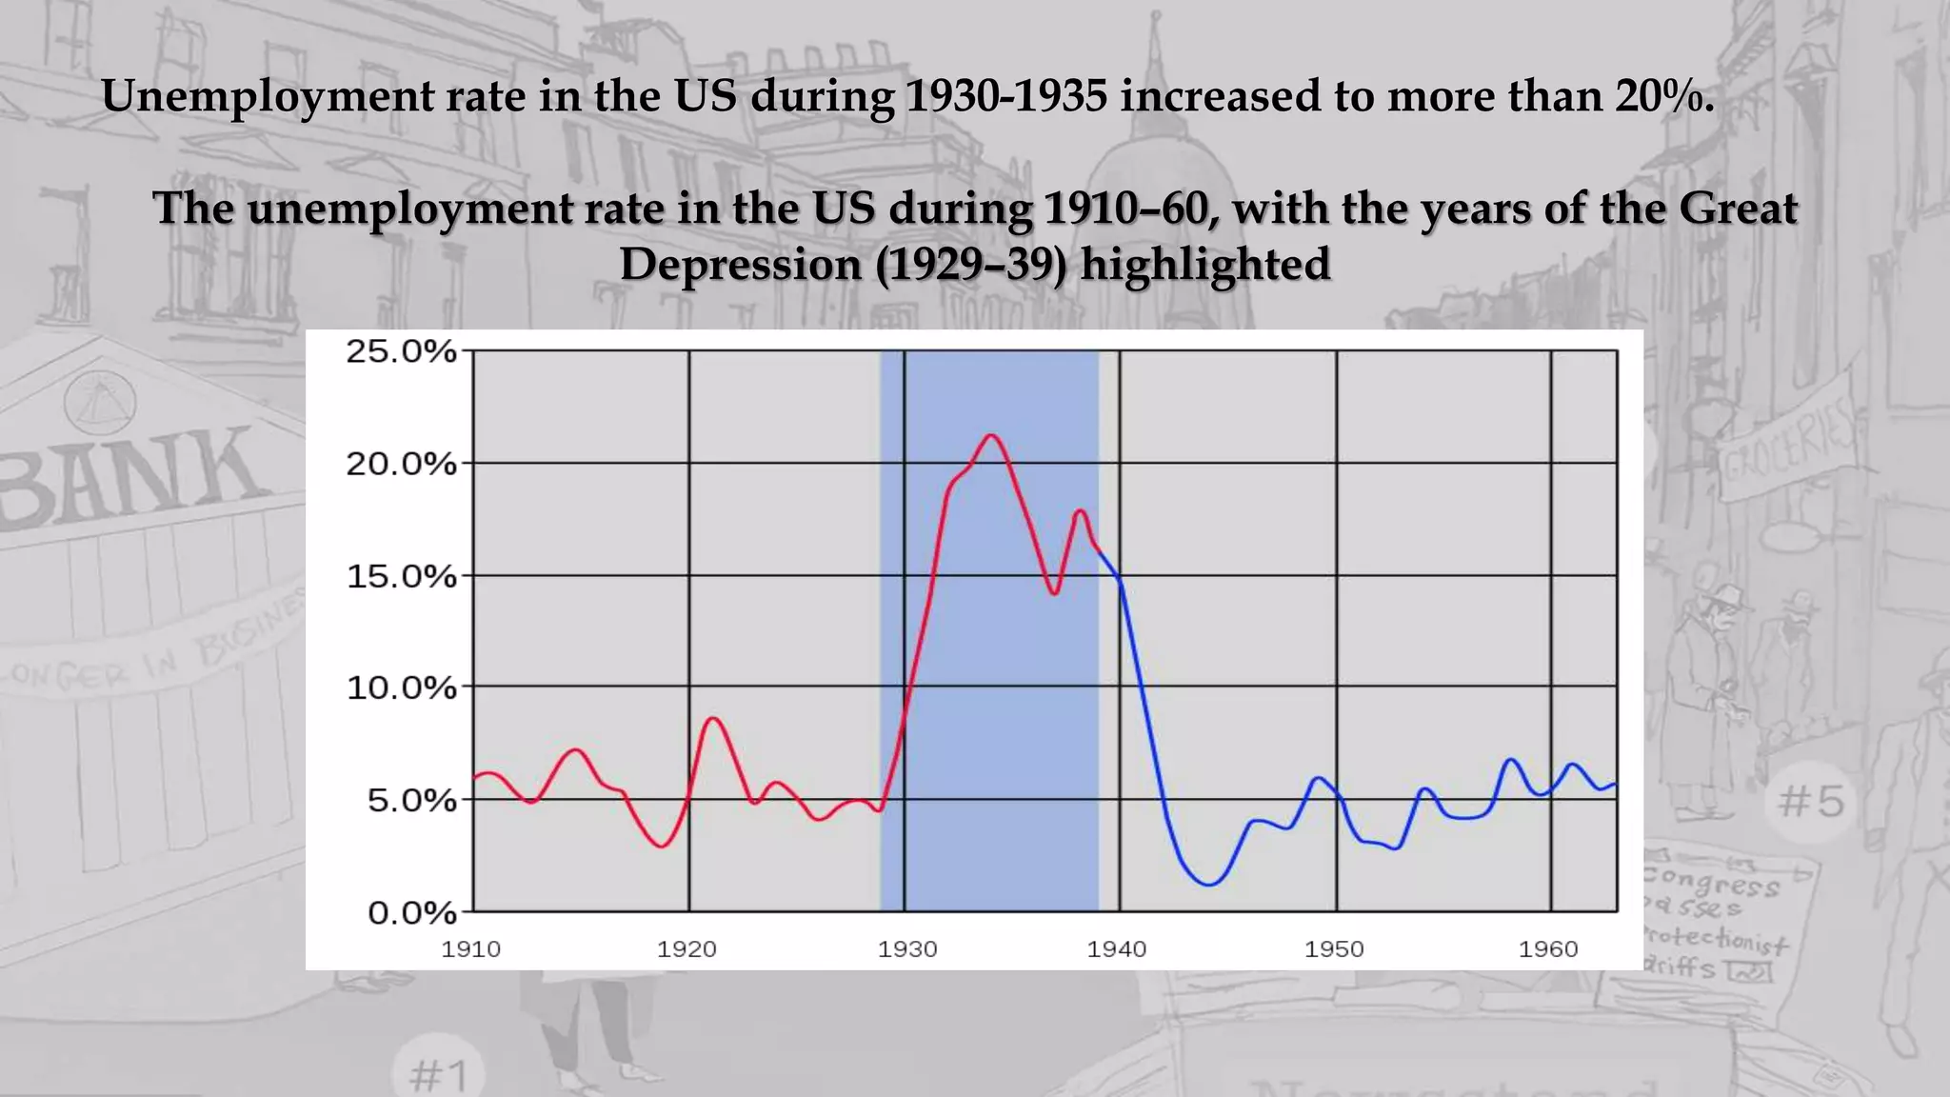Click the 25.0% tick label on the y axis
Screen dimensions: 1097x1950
click(x=401, y=351)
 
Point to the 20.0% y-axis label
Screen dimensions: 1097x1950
click(x=401, y=465)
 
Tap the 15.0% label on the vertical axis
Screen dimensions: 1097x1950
click(x=401, y=576)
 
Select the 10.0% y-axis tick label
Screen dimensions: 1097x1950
click(x=401, y=688)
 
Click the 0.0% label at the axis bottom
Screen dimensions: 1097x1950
click(x=411, y=913)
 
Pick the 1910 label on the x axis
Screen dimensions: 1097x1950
click(x=470, y=949)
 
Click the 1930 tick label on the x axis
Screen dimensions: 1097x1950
click(x=907, y=949)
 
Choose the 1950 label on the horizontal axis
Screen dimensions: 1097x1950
click(x=1334, y=949)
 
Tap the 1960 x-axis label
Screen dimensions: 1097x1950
click(x=1548, y=949)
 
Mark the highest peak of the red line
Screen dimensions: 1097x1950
click(x=991, y=435)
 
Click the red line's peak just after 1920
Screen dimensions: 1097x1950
click(x=714, y=718)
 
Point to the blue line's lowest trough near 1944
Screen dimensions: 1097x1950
click(x=1209, y=885)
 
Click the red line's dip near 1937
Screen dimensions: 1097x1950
click(x=1055, y=593)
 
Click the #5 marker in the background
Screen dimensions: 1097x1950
click(x=1811, y=801)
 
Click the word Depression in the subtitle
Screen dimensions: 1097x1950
click(x=740, y=264)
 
